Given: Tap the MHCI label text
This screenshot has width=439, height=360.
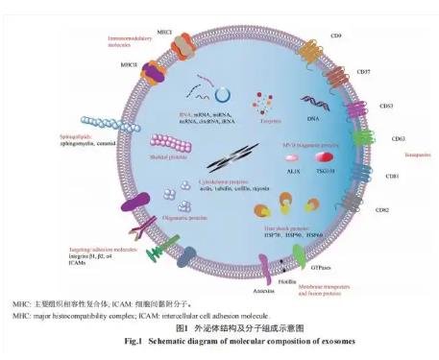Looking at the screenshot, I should coord(165,32).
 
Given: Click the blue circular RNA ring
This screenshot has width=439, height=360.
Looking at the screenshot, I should coord(223,96).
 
